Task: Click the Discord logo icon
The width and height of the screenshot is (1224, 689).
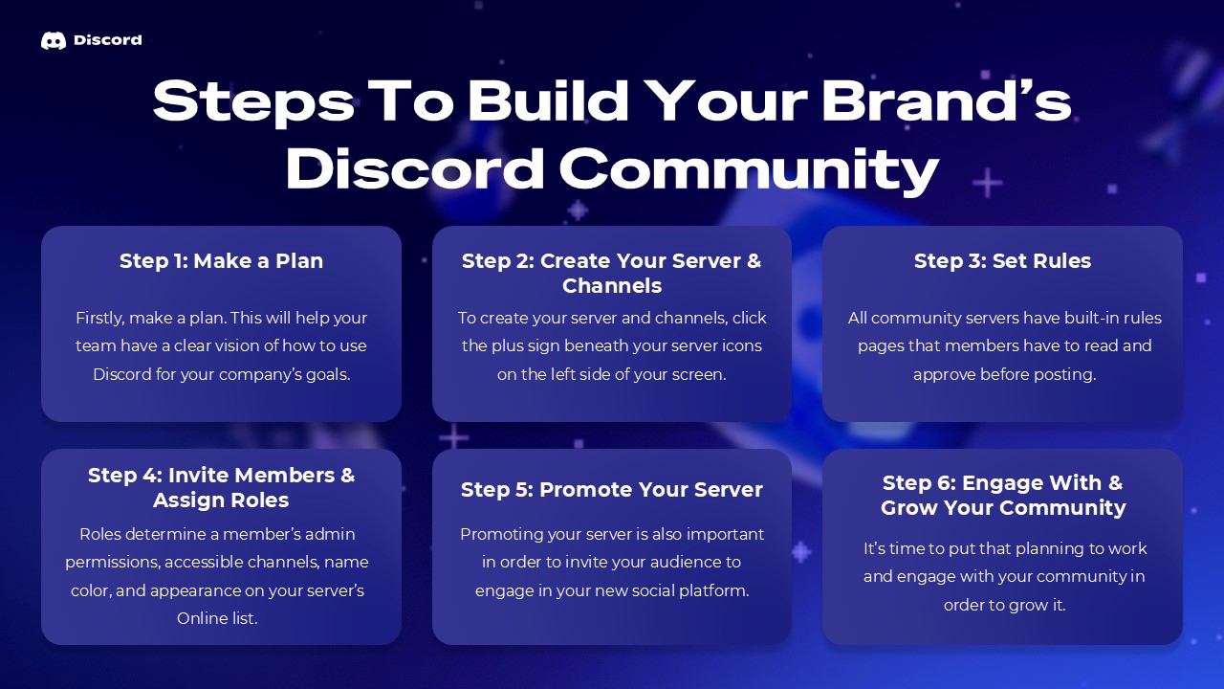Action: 54,40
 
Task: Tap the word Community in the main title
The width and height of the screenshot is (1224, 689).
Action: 749,169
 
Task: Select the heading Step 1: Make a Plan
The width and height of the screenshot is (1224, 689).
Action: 221,261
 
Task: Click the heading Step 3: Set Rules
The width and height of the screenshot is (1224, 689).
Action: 1002,261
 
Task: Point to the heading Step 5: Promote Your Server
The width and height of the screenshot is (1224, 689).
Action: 612,490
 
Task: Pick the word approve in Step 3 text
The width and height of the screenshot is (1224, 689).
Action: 949,374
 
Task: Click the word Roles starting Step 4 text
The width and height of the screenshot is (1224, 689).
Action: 100,534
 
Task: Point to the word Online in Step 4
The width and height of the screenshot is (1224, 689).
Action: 201,618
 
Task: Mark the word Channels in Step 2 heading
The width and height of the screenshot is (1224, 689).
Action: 612,286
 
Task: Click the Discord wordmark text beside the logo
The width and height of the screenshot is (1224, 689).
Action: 107,40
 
